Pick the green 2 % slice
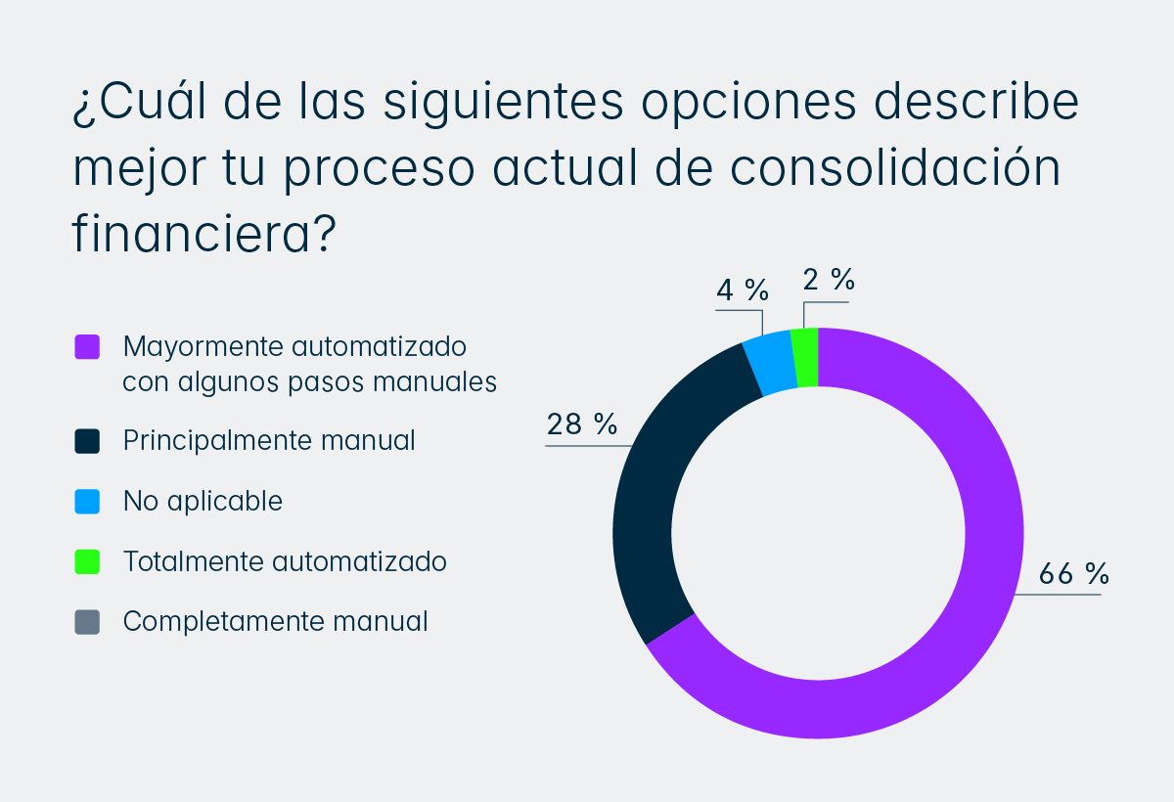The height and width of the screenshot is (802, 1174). [805, 358]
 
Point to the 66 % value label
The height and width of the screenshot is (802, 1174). [1073, 574]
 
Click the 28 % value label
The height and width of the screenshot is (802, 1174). [582, 424]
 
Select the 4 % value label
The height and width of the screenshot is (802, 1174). [742, 290]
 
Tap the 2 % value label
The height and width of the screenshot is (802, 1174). [829, 280]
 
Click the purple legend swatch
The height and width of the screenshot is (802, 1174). [87, 347]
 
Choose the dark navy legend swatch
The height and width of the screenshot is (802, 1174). [87, 441]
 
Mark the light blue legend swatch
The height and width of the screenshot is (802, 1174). [87, 502]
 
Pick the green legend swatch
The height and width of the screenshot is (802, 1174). [87, 562]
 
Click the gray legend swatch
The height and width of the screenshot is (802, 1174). [87, 622]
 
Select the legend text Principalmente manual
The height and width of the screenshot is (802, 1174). [269, 441]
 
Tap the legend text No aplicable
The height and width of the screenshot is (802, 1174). [203, 502]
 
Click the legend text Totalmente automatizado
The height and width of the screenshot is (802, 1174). [285, 562]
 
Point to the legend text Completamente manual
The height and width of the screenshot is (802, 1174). [275, 622]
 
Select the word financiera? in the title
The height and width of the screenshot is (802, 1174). [204, 235]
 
